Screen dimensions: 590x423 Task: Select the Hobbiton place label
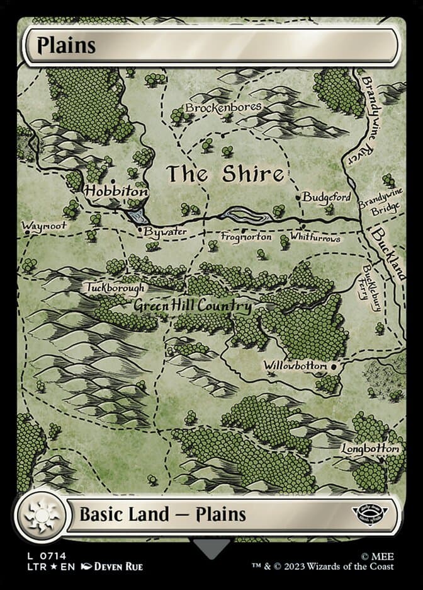pos(116,190)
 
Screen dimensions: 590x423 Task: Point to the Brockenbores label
pos(223,108)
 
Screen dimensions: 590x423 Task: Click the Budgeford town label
pos(327,197)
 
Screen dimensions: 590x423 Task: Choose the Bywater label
pos(165,232)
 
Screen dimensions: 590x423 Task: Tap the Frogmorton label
pos(246,237)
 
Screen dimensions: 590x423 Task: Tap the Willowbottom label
pos(295,366)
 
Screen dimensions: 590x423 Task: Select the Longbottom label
pos(370,449)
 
